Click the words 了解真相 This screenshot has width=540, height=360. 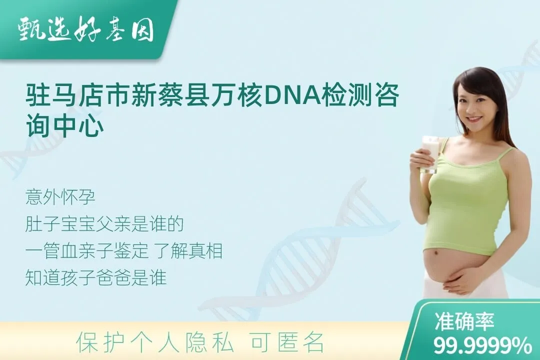(x=189, y=250)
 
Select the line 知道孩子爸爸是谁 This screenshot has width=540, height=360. (x=96, y=277)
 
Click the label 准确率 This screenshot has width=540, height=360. (x=464, y=321)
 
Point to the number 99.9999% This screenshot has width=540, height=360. (x=482, y=345)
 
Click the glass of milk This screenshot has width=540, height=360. (x=430, y=154)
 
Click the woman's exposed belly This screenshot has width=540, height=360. (x=447, y=265)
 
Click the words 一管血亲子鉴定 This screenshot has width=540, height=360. (x=87, y=250)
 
